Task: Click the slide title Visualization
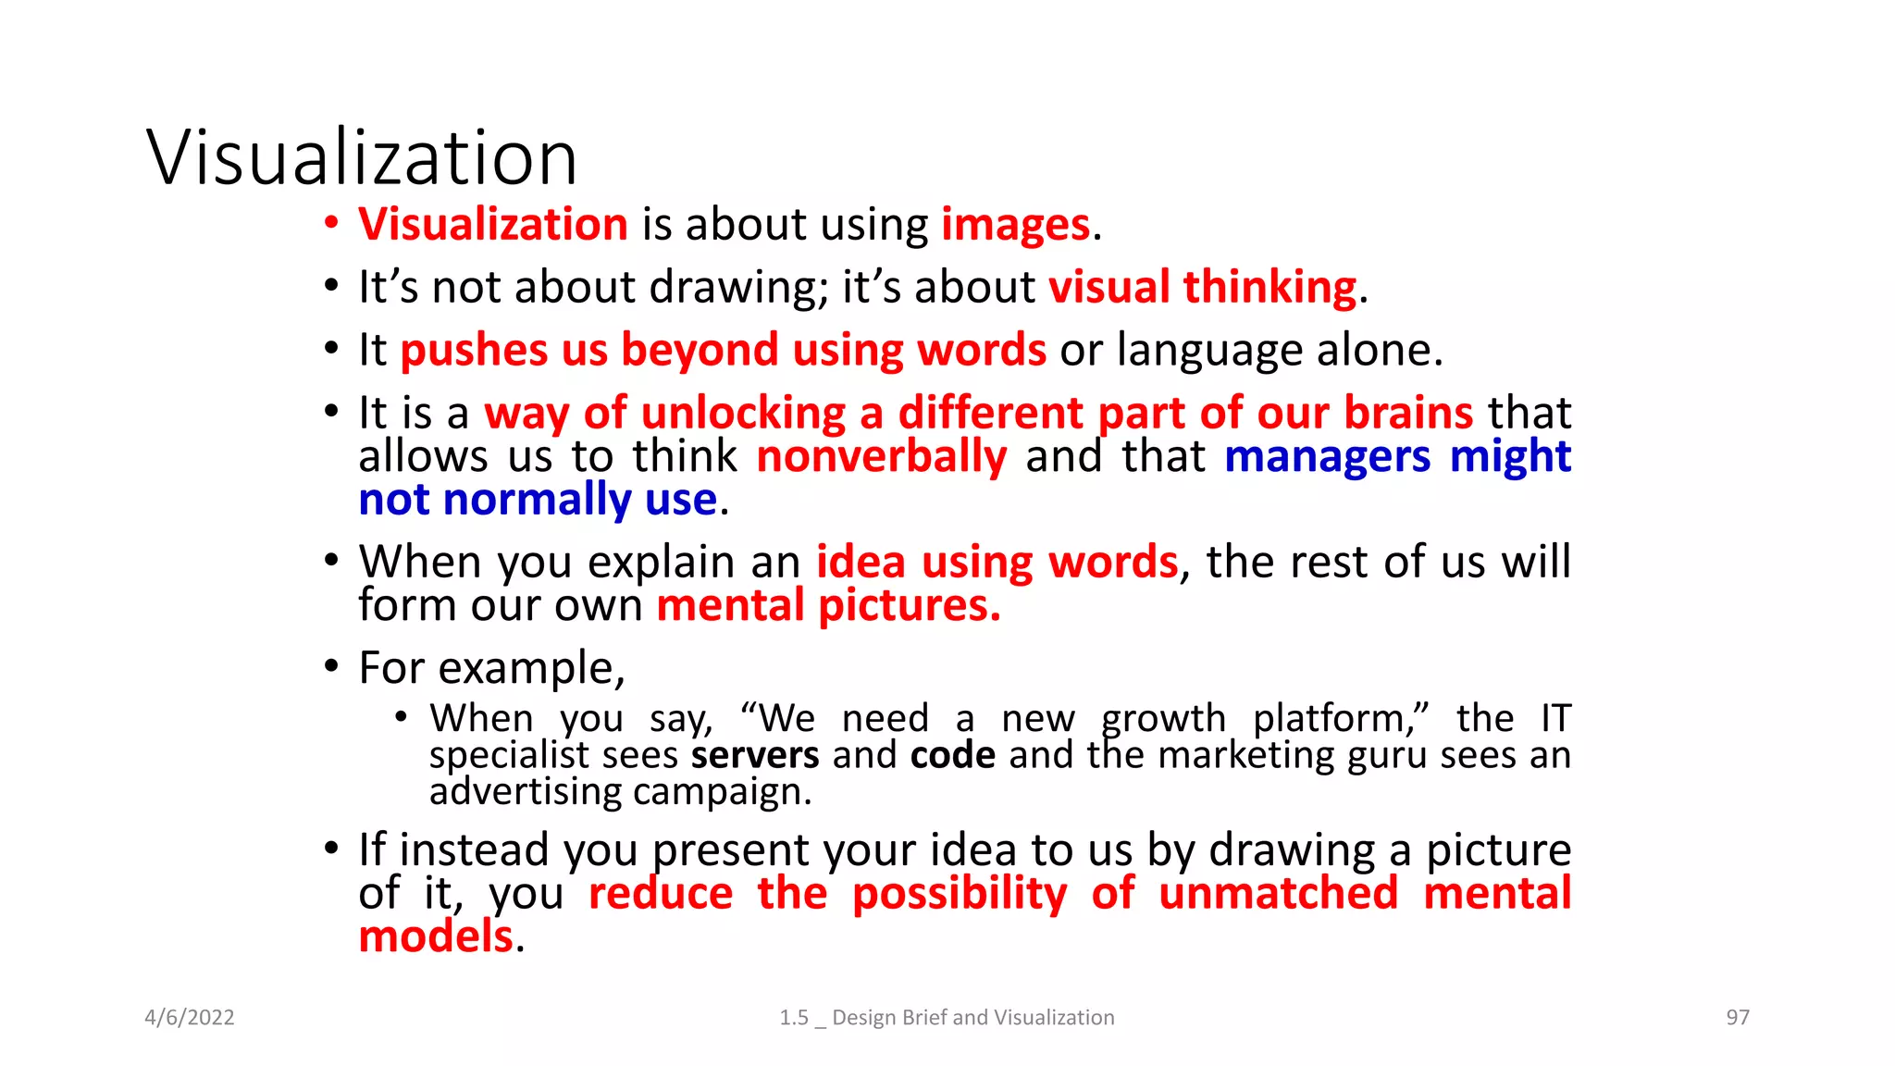(x=362, y=157)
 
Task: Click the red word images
(x=1015, y=225)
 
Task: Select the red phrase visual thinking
(x=1202, y=288)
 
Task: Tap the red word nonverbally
(x=881, y=457)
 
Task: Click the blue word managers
(x=1327, y=457)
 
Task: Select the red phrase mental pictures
(x=828, y=606)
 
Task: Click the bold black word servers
(x=754, y=755)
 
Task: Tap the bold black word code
(x=952, y=755)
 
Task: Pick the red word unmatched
(x=1278, y=894)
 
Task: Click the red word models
(x=435, y=936)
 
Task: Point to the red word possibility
(x=960, y=894)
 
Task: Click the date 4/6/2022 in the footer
(x=190, y=1018)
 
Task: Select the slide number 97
(x=1738, y=1018)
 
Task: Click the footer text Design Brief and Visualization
(x=972, y=1018)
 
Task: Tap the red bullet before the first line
(x=331, y=224)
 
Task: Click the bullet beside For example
(x=331, y=667)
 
